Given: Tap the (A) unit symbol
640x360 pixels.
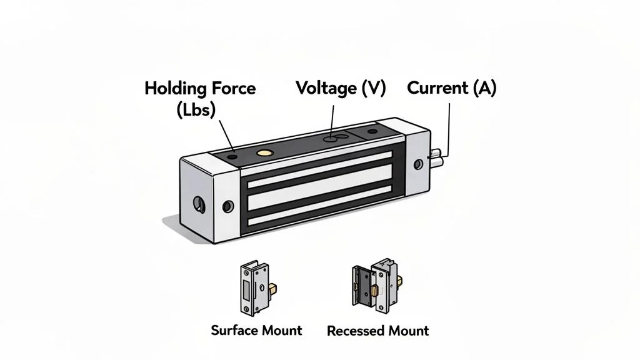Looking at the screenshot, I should [x=484, y=88].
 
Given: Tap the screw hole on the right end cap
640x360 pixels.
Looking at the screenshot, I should [x=418, y=164].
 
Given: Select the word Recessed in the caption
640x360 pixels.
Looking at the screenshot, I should [x=354, y=330].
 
